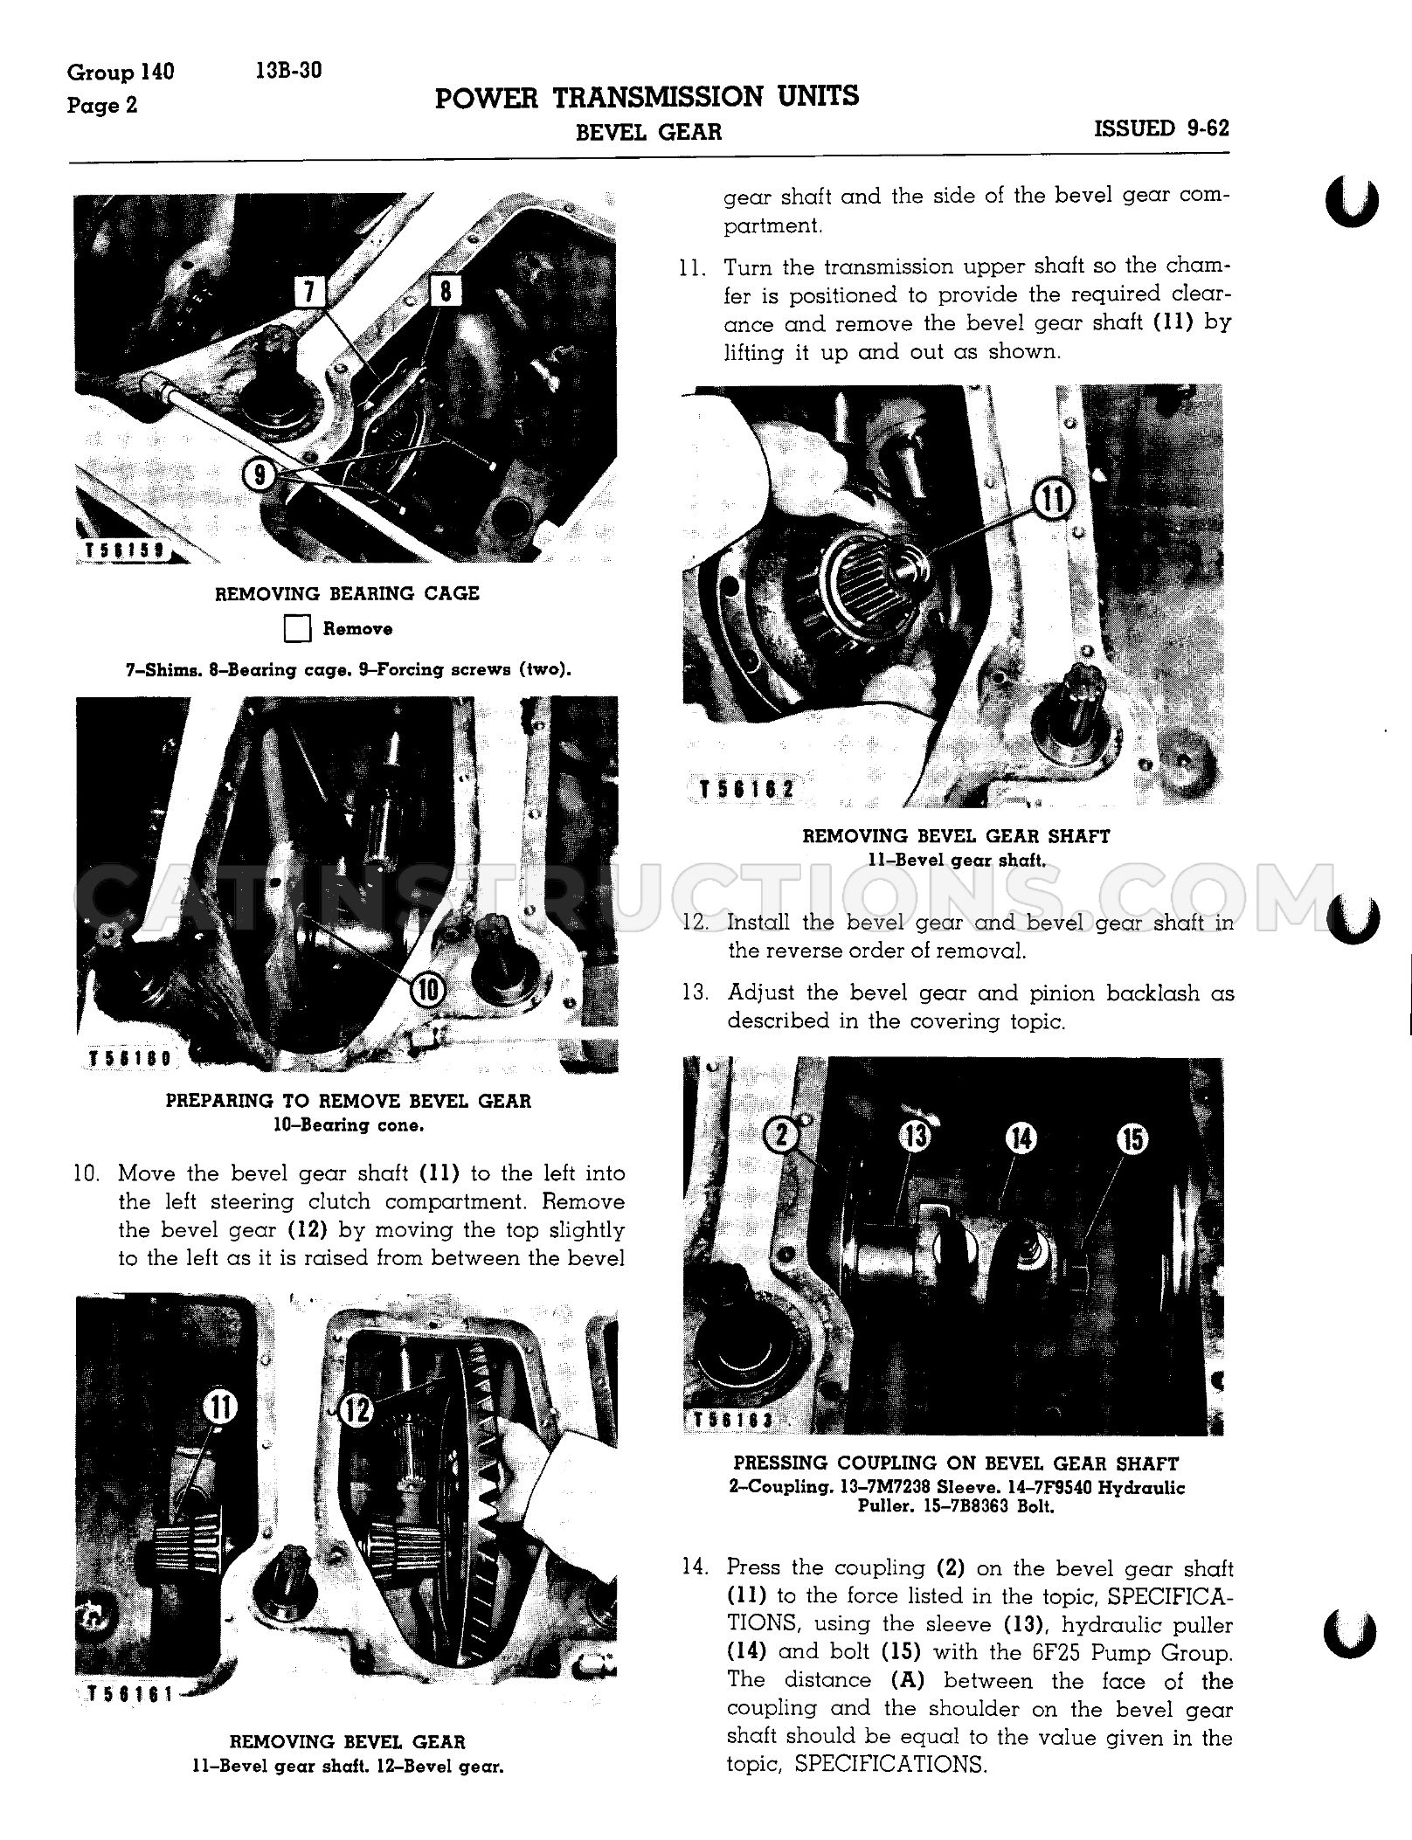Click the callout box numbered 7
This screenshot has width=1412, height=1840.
[x=309, y=292]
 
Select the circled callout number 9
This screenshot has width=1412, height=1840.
[x=260, y=476]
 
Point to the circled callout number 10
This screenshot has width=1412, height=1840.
[x=428, y=989]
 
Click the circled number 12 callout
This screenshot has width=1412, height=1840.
[x=356, y=1409]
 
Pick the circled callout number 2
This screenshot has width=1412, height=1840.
[x=780, y=1135]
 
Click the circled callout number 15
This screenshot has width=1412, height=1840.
[x=1132, y=1138]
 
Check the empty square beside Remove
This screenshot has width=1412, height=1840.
[x=298, y=629]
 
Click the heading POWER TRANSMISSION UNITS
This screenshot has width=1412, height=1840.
[x=647, y=96]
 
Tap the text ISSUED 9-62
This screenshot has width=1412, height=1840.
[x=1161, y=128]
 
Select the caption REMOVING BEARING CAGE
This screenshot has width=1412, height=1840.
[x=348, y=593]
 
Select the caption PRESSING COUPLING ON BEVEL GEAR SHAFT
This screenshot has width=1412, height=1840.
[x=956, y=1462]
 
